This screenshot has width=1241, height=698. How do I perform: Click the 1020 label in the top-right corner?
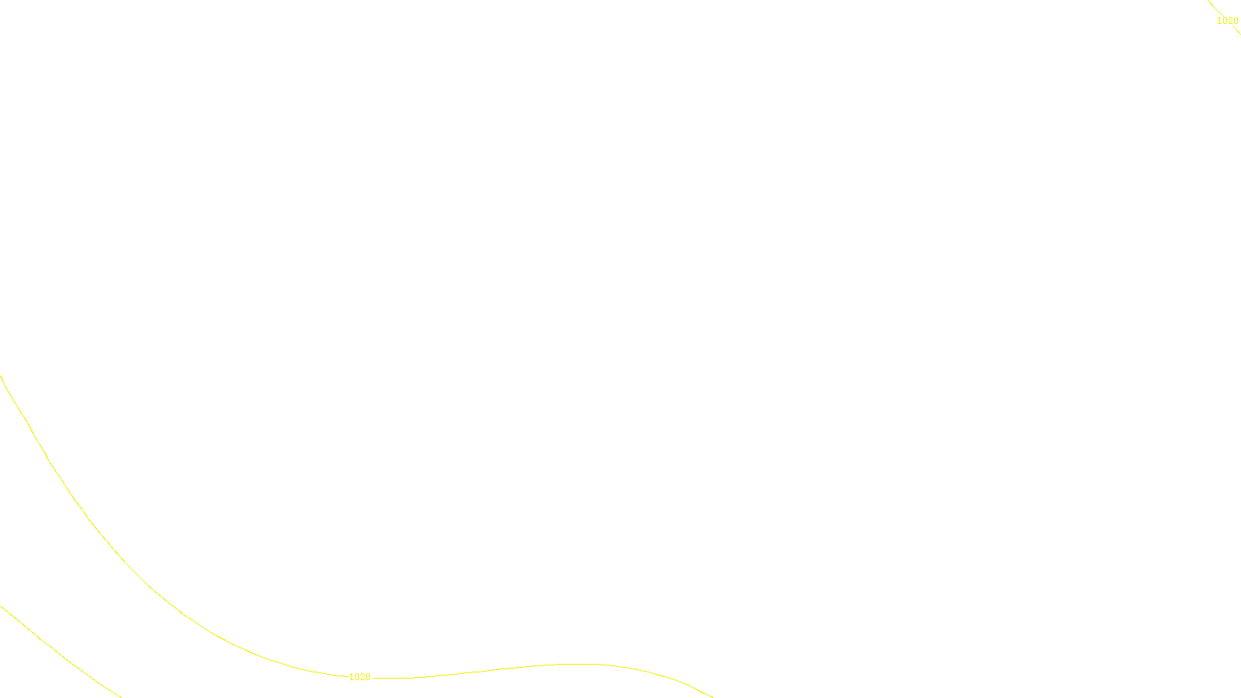(x=1227, y=21)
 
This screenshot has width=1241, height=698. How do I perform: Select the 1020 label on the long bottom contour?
(x=360, y=677)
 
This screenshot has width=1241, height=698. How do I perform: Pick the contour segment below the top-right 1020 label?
(x=1237, y=31)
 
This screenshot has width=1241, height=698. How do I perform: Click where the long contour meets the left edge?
(x=1, y=377)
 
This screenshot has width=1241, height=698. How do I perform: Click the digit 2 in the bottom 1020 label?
(x=362, y=677)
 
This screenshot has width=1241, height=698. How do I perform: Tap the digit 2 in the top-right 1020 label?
(x=1229, y=21)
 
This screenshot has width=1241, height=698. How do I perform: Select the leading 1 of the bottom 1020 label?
(x=351, y=677)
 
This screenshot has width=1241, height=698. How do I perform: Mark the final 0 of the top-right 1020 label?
(x=1236, y=21)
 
